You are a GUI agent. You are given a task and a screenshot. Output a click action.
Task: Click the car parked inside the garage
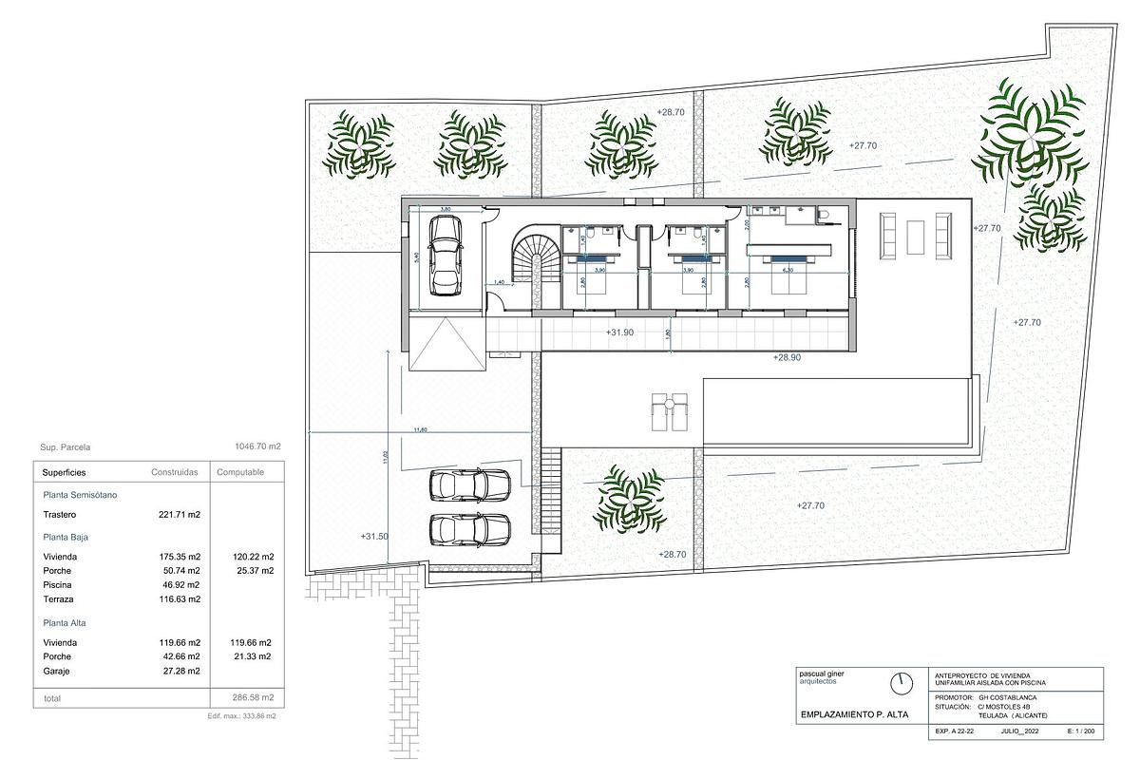(444, 256)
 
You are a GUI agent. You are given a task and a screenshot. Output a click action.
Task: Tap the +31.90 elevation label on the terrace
(619, 332)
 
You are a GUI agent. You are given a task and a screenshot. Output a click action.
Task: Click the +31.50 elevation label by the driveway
(375, 537)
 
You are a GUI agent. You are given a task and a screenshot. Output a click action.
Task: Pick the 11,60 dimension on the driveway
(421, 430)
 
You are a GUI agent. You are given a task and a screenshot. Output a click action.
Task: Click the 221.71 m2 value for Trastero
(180, 515)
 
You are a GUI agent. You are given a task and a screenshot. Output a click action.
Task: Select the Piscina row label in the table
(57, 585)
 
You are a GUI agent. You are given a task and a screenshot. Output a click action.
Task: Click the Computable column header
(240, 472)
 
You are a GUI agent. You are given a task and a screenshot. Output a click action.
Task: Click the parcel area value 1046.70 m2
(257, 446)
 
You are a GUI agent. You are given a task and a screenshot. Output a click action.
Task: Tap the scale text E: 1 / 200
(1081, 732)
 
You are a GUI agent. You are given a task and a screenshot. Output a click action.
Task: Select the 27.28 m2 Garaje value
(180, 672)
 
